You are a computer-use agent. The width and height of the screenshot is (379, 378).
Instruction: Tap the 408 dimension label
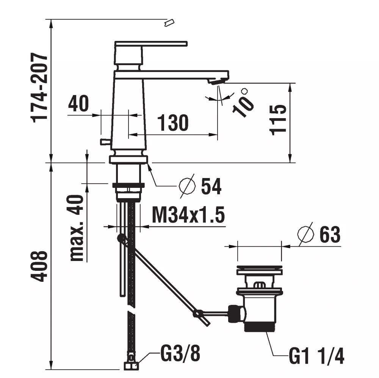pyautogui.click(x=39, y=266)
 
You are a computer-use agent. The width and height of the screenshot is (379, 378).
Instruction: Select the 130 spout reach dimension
pyautogui.click(x=173, y=123)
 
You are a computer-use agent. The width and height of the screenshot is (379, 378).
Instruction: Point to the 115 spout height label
pyautogui.click(x=278, y=120)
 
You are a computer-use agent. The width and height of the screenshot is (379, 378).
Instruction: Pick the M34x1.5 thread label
pyautogui.click(x=188, y=214)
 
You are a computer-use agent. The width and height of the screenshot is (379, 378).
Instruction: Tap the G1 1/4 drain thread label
pyautogui.click(x=316, y=356)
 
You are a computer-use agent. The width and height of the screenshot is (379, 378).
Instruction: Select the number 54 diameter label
pyautogui.click(x=211, y=186)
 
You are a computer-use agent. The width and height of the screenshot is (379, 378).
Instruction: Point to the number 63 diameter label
pyautogui.click(x=330, y=234)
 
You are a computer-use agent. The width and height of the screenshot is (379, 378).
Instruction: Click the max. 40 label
pyautogui.click(x=77, y=228)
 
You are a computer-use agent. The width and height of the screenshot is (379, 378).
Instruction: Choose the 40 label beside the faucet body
pyautogui.click(x=78, y=103)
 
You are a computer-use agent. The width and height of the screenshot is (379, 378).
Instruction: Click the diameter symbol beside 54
pyautogui.click(x=187, y=186)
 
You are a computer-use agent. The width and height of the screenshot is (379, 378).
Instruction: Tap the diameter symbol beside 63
pyautogui.click(x=306, y=234)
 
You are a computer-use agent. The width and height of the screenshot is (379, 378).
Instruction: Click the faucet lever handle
pyautogui.click(x=151, y=44)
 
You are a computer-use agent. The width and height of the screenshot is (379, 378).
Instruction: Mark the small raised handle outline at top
pyautogui.click(x=169, y=23)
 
